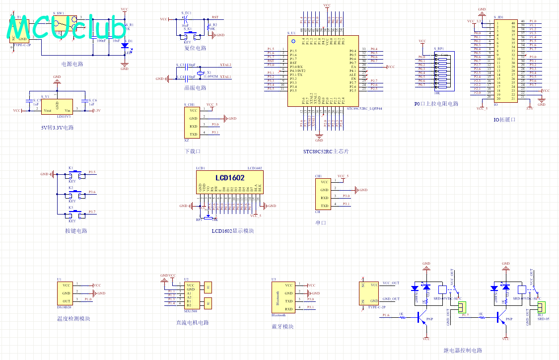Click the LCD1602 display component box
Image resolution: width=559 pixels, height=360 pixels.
(x=229, y=182)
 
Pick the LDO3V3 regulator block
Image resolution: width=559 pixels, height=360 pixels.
(x=58, y=107)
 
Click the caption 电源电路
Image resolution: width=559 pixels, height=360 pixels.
(x=72, y=64)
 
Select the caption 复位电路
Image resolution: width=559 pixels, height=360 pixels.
(x=195, y=48)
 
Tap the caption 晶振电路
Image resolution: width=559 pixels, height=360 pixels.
(x=195, y=88)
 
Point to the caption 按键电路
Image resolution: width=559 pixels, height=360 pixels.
(x=76, y=231)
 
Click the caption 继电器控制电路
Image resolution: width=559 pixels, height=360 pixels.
(x=463, y=351)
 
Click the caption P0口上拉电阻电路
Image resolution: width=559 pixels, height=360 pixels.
(x=436, y=104)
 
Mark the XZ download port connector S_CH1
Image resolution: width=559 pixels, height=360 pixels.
(x=194, y=122)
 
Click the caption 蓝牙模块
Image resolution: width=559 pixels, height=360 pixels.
(x=282, y=326)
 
